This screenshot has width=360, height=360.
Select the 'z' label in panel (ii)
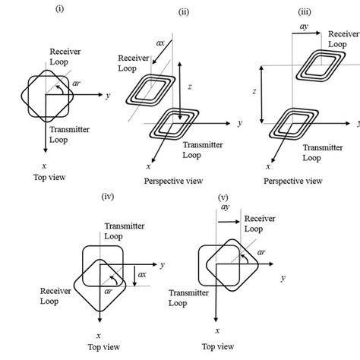click(189, 87)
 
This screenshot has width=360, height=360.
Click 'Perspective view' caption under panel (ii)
click(172, 181)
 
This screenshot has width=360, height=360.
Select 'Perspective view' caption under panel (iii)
click(292, 181)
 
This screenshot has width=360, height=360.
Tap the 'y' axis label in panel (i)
click(110, 96)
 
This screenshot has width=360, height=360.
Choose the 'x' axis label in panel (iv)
click(99, 333)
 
